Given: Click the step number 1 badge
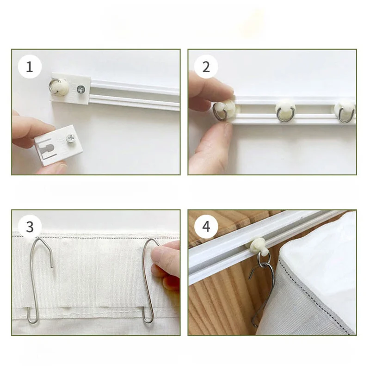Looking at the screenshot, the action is pos(30,67).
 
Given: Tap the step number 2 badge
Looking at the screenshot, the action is pos(206,67).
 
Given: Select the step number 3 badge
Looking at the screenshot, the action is pos(30,227).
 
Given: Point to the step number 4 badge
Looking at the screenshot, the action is pos(206,227).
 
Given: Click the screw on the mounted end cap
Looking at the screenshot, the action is pos(81,89).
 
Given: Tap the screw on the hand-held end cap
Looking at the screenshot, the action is pos(70,138).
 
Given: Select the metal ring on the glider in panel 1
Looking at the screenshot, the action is pos(54,87).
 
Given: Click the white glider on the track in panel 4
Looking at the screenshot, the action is pos(259,246).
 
